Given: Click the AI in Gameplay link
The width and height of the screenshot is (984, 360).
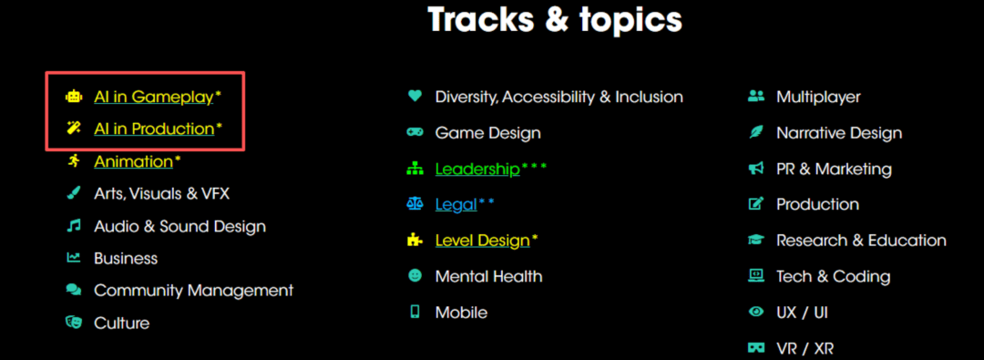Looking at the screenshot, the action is (x=154, y=97).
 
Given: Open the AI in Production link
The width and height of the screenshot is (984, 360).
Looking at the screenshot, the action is (x=154, y=129).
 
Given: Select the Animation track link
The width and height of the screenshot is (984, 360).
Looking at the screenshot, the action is (x=133, y=161).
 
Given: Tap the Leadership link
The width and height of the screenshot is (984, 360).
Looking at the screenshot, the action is (x=477, y=169).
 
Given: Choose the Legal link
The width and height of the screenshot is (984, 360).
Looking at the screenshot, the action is (x=456, y=204).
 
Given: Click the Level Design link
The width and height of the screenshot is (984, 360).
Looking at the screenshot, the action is (x=482, y=240).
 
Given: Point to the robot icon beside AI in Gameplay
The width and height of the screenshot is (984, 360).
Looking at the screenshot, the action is (x=74, y=97).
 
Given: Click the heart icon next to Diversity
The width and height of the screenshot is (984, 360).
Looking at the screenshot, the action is (x=415, y=96).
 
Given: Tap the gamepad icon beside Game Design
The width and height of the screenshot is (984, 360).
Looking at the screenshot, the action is (x=415, y=132).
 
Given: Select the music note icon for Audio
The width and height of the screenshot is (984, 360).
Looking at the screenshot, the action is (x=74, y=225).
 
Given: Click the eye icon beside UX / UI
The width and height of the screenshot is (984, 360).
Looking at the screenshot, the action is (x=756, y=312).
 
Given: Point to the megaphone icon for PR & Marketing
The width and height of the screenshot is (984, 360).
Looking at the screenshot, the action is (x=756, y=169).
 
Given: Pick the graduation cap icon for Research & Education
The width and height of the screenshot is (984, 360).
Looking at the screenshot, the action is (x=756, y=240).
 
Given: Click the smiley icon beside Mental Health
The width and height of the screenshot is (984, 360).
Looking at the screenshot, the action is (x=415, y=275).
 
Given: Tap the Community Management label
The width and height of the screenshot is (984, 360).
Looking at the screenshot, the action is (x=193, y=291).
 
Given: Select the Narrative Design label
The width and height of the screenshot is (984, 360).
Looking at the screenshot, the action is (x=839, y=133).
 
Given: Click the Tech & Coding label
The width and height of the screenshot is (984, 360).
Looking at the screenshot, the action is (x=834, y=276).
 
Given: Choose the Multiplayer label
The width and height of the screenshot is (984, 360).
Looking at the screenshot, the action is (x=818, y=97).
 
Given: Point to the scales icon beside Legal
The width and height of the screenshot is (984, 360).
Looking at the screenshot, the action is (x=415, y=203).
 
